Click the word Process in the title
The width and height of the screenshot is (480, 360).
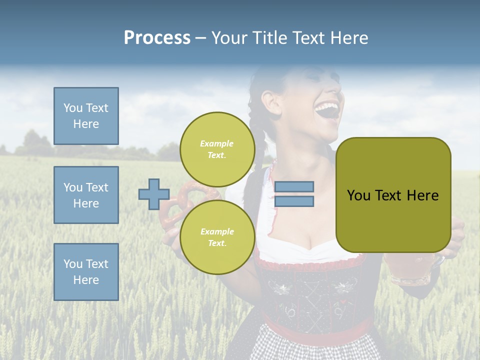pos(157,38)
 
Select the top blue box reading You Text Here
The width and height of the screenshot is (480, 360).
pos(86,116)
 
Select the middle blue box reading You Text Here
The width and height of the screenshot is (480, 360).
pos(86,195)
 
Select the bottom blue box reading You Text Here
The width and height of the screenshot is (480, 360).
pos(86,272)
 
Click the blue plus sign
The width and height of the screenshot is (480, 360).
pos(153,194)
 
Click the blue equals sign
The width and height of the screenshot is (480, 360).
pos(294,194)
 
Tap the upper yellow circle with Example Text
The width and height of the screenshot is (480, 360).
pos(217,149)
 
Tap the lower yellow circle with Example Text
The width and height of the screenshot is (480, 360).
pos(217,237)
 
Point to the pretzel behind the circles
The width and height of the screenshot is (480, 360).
pos(175,210)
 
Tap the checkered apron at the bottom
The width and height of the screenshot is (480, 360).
pos(315,347)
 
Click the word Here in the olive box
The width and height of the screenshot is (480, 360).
pos(422,195)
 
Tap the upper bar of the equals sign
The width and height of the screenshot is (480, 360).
pos(294,186)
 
